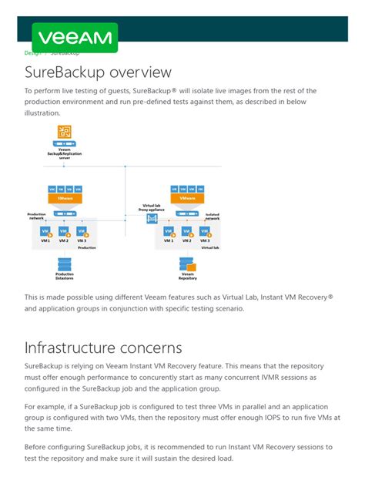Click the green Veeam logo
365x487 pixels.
(x=75, y=38)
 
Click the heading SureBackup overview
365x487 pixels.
(x=98, y=72)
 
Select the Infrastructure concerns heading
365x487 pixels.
(x=103, y=348)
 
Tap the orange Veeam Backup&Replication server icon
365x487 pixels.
(x=64, y=132)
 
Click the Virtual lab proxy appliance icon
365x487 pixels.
(x=152, y=220)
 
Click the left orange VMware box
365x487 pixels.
(x=65, y=198)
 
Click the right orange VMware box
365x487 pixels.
(x=187, y=198)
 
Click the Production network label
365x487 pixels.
(x=36, y=216)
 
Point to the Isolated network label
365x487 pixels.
(x=213, y=217)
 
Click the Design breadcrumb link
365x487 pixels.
(x=33, y=53)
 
